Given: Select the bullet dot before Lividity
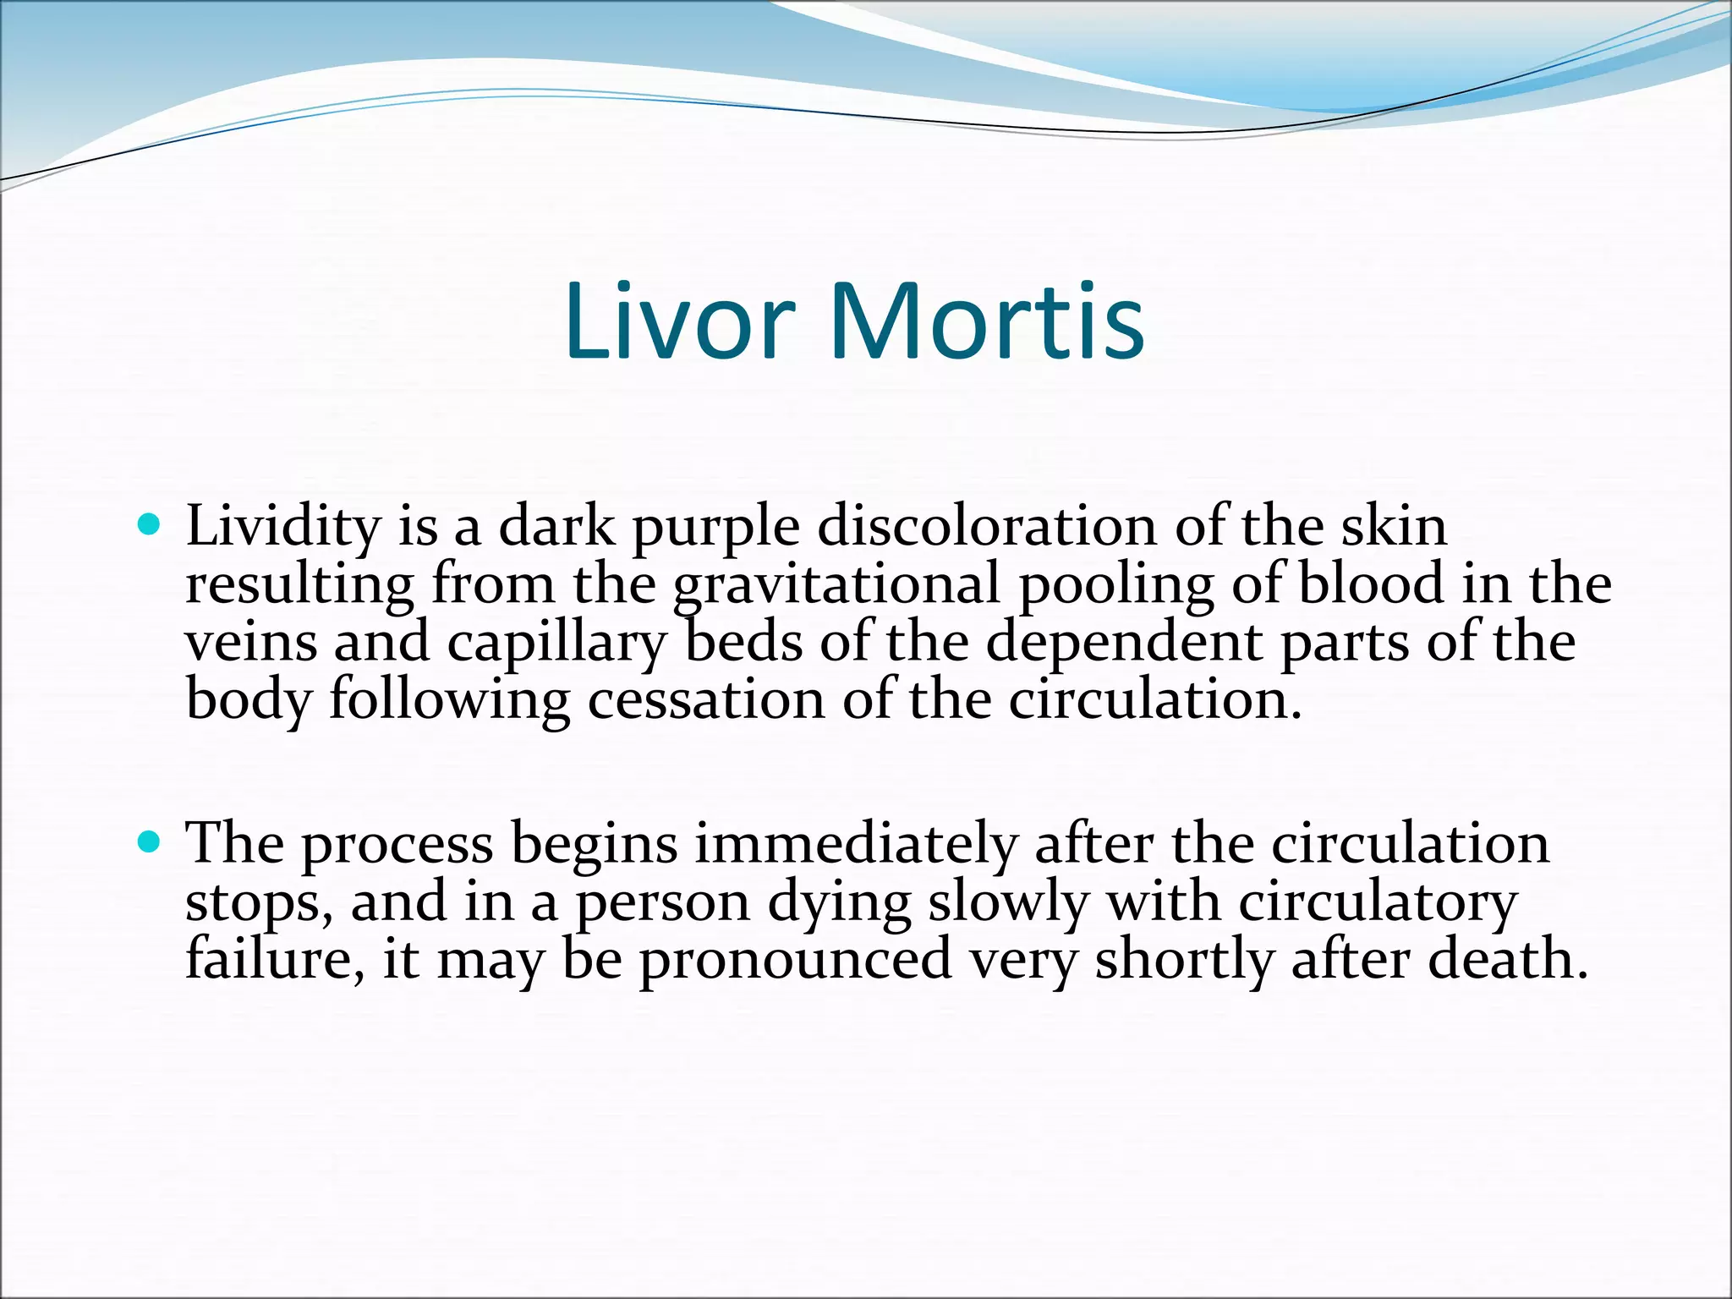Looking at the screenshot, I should pos(148,526).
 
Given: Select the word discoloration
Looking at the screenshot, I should pos(986,526).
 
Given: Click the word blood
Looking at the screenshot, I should pos(1370,584).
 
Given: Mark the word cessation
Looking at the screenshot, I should pos(705,700).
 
